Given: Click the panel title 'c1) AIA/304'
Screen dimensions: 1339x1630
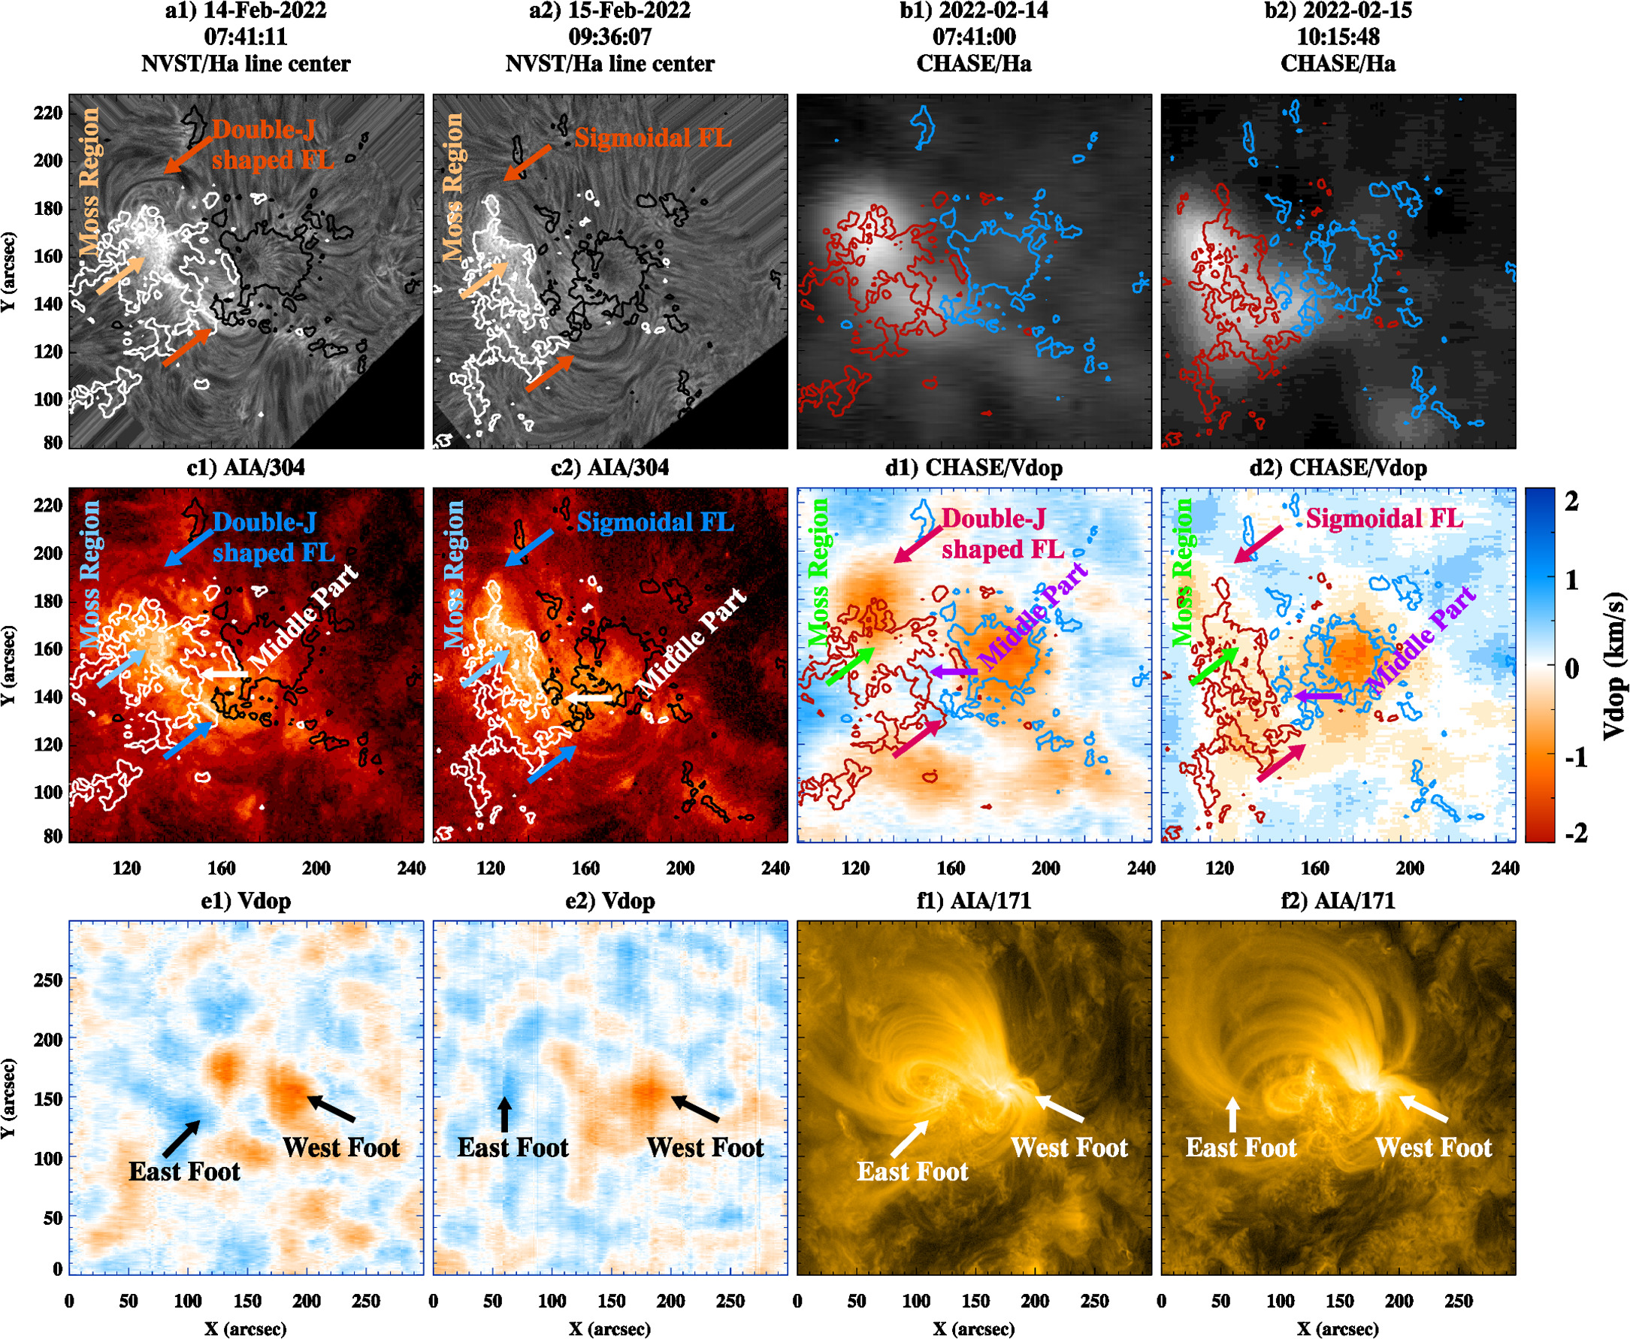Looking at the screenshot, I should pos(245,467).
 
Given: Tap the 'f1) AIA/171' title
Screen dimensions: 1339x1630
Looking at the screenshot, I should pos(973,901).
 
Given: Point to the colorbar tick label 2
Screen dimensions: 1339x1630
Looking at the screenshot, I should pos(1571,502).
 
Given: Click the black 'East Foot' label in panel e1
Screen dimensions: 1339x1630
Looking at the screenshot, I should pos(184,1171).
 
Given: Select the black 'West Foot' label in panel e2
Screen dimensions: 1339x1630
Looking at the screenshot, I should pos(705,1147).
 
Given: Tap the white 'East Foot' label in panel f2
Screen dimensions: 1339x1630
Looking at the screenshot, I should pos(1241,1147).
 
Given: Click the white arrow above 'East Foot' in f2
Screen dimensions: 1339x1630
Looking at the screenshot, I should pos(1232,1114).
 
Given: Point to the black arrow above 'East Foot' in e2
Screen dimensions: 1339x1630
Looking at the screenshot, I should pos(504,1114).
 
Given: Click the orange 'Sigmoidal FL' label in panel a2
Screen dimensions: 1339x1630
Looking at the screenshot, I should pos(652,138).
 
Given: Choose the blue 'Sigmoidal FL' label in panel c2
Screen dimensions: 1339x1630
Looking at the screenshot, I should pos(656,522).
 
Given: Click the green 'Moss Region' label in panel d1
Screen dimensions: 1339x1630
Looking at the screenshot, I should pos(819,572).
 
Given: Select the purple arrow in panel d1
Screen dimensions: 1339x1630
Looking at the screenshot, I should pos(954,673).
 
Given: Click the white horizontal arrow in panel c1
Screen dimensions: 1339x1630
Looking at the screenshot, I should pos(225,674).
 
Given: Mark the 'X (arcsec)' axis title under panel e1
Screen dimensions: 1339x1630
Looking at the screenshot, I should pos(245,1328).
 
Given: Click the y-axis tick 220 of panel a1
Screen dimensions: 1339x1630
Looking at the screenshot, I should pos(48,113).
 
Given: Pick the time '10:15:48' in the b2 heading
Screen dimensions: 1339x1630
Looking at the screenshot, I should pos(1338,37).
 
